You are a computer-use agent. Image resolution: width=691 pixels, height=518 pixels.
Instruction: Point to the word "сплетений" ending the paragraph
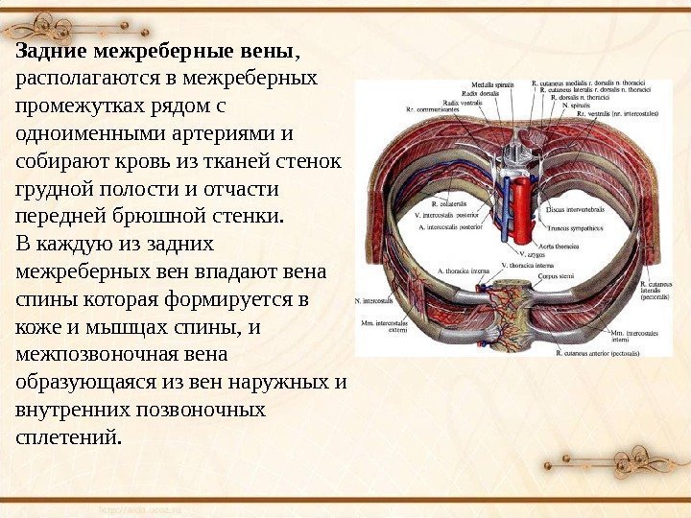(x=67, y=437)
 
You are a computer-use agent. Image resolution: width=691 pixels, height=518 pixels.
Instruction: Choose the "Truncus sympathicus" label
(x=575, y=228)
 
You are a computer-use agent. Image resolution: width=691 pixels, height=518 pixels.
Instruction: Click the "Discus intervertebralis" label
(x=576, y=208)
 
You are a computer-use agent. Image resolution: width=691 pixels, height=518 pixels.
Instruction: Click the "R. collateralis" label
(x=450, y=204)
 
